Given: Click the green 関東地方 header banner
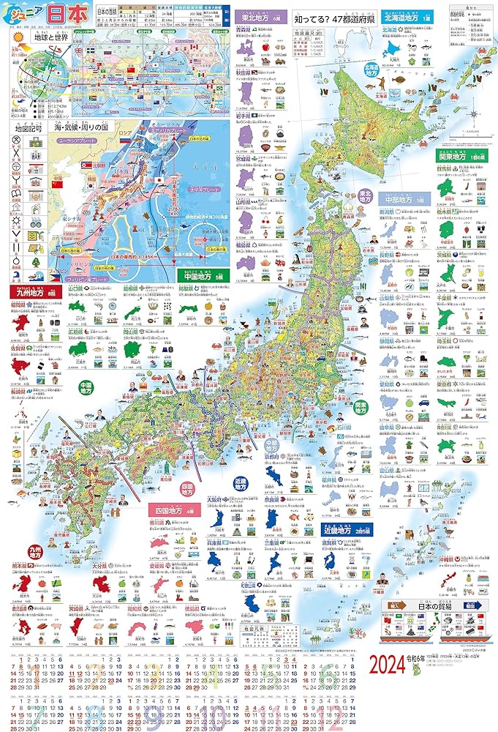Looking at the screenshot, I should tap(458, 155).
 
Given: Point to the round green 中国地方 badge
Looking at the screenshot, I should tap(86, 386).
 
